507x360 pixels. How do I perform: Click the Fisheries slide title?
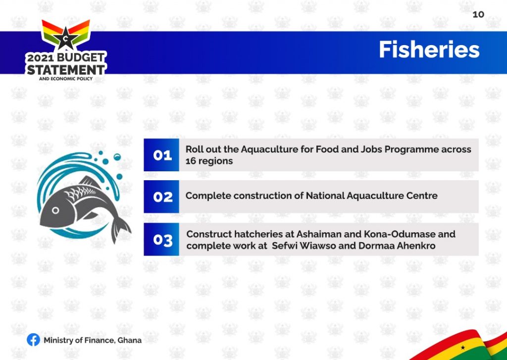429,50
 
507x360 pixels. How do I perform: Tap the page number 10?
478,14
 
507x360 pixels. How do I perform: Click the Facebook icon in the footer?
33,340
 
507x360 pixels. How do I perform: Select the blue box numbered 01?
161,155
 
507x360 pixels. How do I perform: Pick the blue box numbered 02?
161,197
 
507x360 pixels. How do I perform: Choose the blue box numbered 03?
161,239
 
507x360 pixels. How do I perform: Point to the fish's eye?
55,210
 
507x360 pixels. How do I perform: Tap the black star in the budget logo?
66,38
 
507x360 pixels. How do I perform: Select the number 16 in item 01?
191,161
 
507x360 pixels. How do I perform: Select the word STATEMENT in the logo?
66,69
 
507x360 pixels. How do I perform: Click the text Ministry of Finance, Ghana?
93,340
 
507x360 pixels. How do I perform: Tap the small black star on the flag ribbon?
463,348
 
